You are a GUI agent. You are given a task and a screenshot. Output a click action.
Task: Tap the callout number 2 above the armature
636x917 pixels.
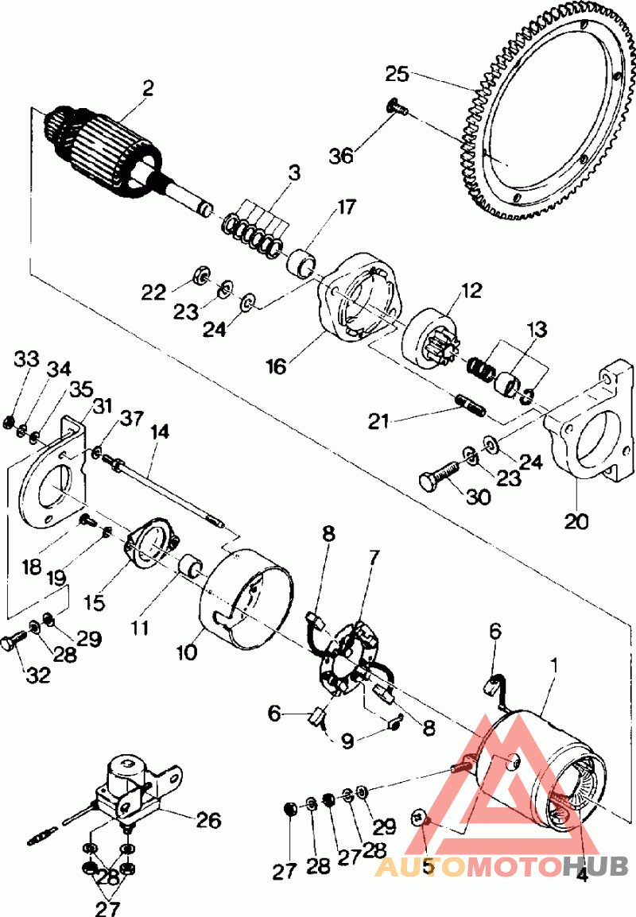point(148,87)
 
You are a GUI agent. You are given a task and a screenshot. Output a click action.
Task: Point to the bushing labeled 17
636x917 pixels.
point(302,262)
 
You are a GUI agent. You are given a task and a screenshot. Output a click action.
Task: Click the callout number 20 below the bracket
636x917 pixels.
point(577,520)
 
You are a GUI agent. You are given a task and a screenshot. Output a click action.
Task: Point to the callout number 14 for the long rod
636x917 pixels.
point(159,432)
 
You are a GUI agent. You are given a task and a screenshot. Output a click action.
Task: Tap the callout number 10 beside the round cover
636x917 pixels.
point(188,652)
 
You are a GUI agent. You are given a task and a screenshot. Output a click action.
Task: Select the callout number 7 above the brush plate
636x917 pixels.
point(374,557)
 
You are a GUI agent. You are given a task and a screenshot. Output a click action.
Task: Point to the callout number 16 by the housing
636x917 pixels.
point(276,366)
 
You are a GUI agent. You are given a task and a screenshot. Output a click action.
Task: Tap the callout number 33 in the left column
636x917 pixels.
point(26,359)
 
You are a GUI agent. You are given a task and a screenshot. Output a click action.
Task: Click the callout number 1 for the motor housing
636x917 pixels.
point(553,665)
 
